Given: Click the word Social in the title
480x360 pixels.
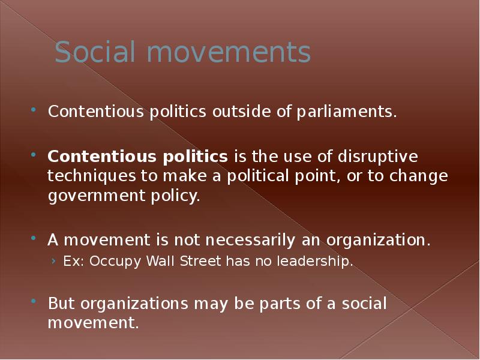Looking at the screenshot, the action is click(x=95, y=52).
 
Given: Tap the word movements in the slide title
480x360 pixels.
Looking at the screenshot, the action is click(x=229, y=53).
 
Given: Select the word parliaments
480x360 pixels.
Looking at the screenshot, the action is click(x=347, y=112).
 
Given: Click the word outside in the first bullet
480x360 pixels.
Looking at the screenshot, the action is click(x=242, y=111).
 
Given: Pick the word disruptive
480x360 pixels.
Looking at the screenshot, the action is click(x=378, y=157).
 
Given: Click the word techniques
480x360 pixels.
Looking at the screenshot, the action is click(x=92, y=176).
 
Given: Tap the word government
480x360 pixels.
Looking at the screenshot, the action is click(x=97, y=196).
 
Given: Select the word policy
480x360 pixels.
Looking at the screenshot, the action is click(x=175, y=196).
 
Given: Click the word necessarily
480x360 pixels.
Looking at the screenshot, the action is click(x=250, y=240).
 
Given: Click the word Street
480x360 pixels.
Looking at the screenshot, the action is click(x=200, y=261).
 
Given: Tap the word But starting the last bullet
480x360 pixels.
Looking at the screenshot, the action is click(x=61, y=303).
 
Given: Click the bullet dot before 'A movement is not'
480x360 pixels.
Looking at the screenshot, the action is click(x=34, y=238).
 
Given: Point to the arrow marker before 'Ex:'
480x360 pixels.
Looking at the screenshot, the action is click(x=54, y=261).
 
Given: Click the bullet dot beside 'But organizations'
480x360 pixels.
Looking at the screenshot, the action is click(x=34, y=301).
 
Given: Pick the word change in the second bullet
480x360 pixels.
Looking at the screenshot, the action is click(x=418, y=176).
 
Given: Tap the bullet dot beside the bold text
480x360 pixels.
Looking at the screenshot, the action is click(x=34, y=155).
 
